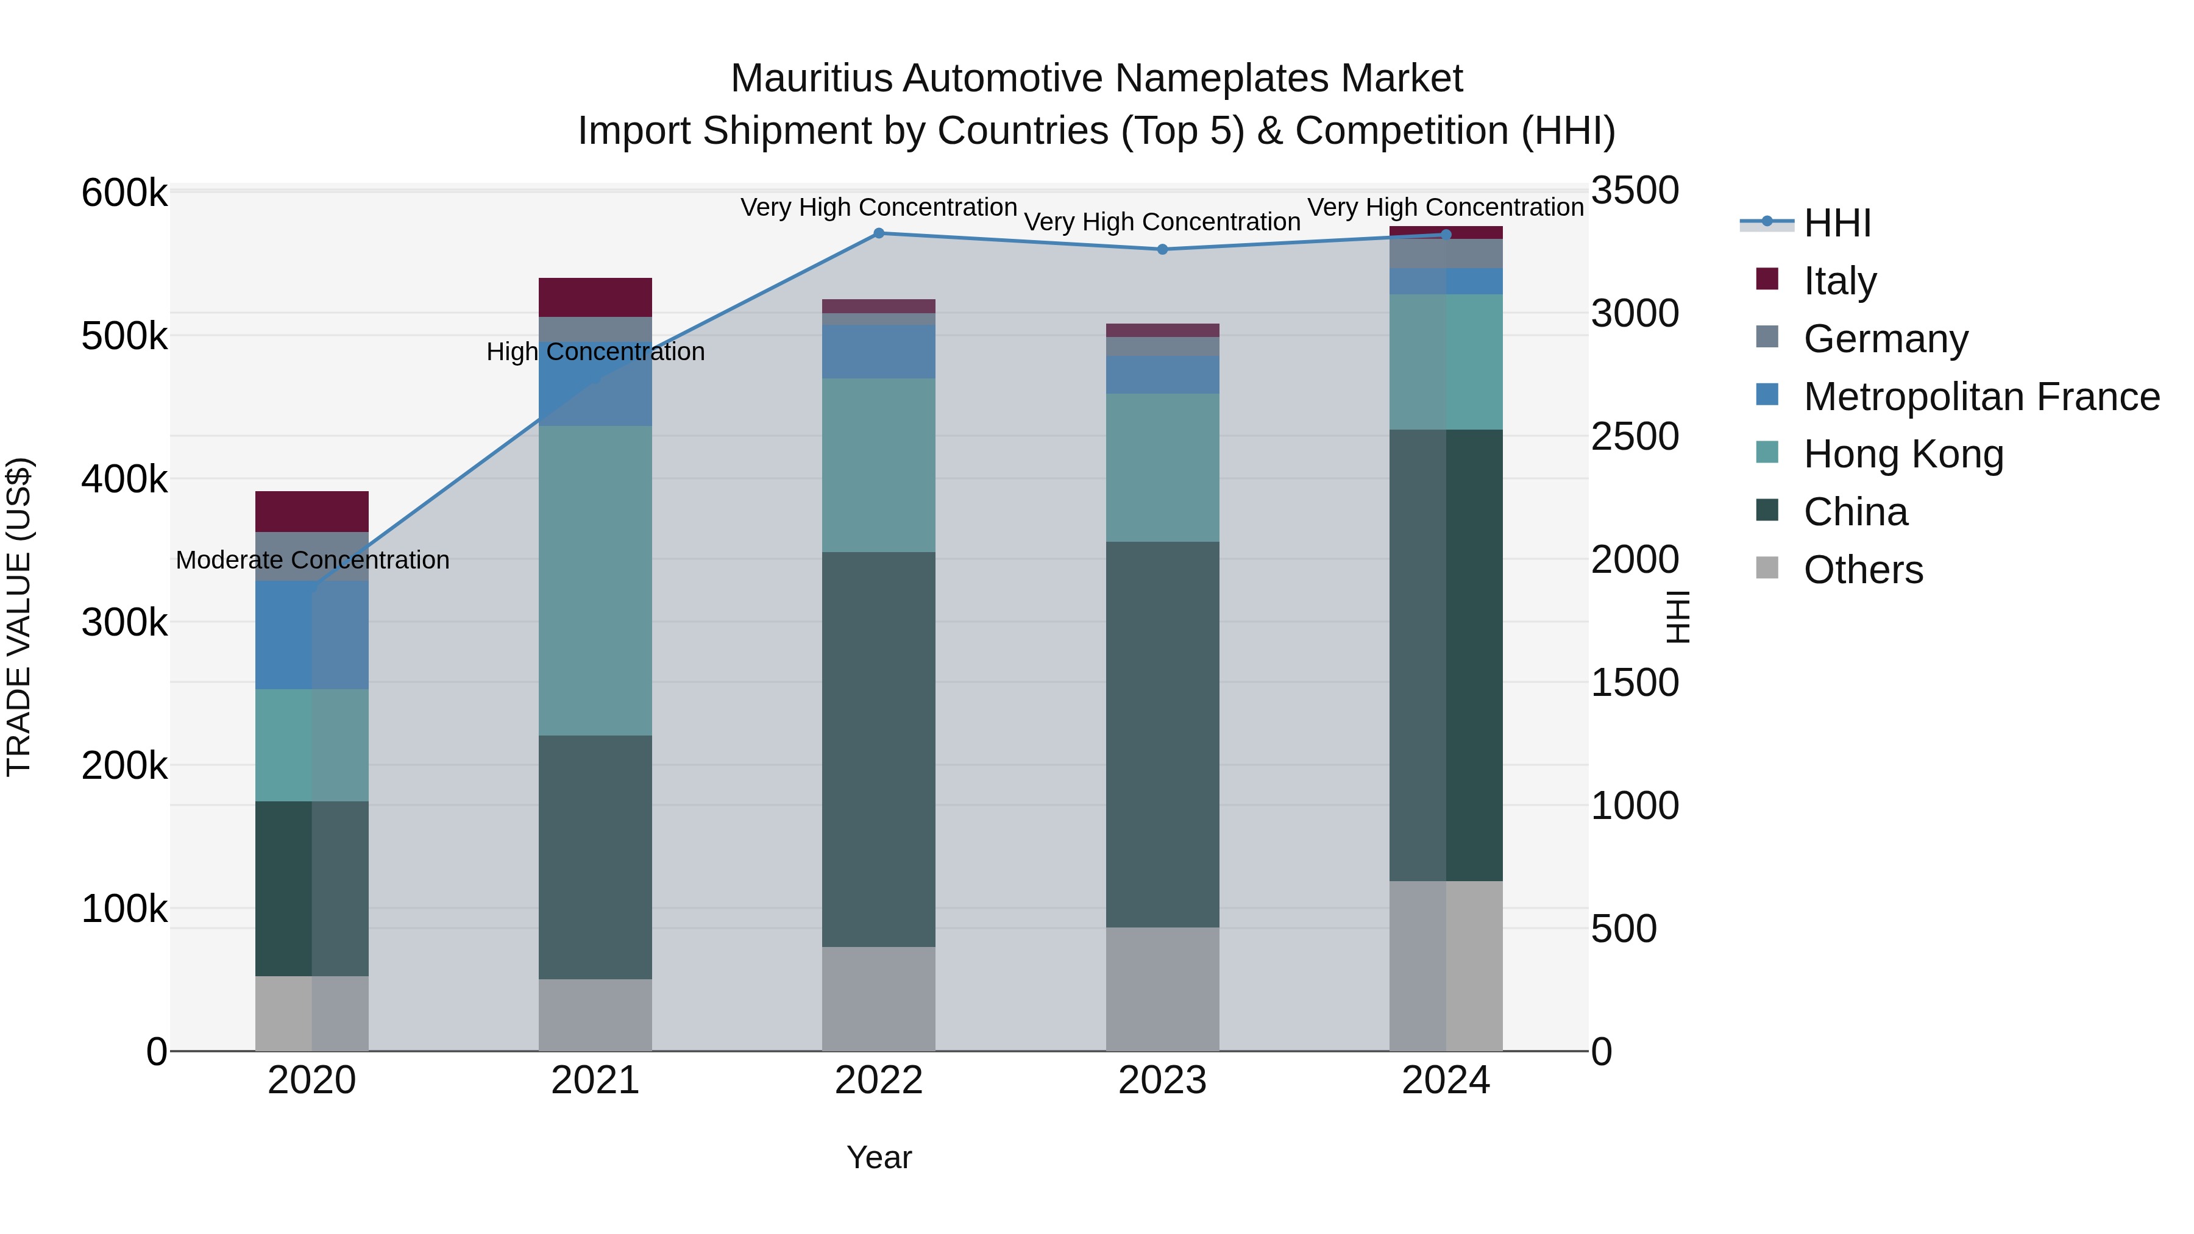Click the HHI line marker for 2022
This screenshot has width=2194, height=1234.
point(879,233)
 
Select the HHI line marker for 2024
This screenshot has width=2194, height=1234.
point(1446,234)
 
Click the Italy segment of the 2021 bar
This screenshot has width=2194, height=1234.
point(595,297)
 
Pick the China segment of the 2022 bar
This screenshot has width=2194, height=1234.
point(879,750)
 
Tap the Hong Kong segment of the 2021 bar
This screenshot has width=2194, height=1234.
point(595,580)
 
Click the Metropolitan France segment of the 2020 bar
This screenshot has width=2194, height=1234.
point(311,636)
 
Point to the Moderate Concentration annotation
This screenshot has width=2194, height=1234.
point(313,561)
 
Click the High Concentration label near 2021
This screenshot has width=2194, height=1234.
point(595,352)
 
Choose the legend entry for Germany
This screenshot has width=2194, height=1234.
point(1885,339)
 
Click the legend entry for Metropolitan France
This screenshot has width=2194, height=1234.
point(1981,397)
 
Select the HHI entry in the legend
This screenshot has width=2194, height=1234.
point(1837,223)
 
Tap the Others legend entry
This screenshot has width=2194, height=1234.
point(1862,570)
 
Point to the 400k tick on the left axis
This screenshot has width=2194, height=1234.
point(124,480)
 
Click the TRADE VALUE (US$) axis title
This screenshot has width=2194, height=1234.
point(19,617)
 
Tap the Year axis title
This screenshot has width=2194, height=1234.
point(879,1157)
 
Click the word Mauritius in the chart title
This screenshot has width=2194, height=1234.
point(812,79)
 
